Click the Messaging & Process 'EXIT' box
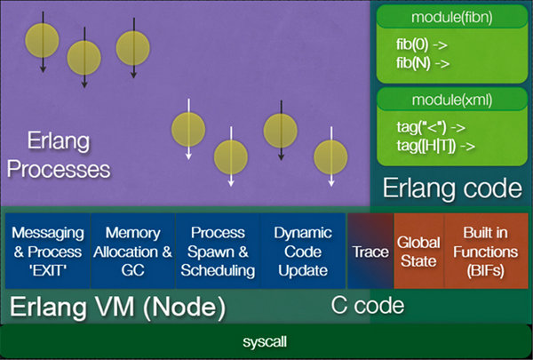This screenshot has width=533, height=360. click(x=47, y=251)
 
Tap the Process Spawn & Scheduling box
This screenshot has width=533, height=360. click(x=218, y=251)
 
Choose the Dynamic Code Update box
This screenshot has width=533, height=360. click(x=302, y=251)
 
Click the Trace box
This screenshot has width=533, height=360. click(x=370, y=252)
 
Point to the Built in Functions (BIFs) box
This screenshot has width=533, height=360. click(x=485, y=251)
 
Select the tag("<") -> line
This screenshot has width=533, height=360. click(x=426, y=126)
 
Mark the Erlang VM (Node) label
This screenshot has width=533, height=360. click(x=117, y=308)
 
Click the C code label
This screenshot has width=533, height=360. click(x=368, y=307)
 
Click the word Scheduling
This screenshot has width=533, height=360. click(x=218, y=270)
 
